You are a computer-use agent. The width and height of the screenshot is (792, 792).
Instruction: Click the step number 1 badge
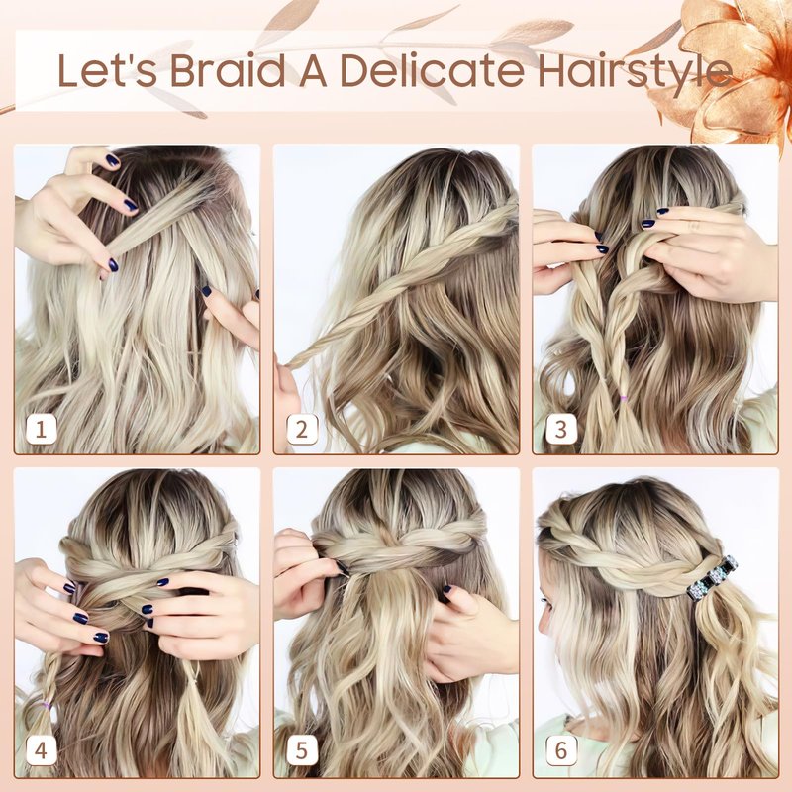pos(41,430)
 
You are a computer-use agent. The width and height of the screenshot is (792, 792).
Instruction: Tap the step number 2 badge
pos(302,430)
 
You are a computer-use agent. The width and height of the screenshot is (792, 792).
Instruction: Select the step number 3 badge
pos(560,430)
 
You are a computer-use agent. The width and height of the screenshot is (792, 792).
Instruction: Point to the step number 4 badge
pos(41,750)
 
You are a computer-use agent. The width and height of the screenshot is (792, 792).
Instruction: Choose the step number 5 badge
pos(302,750)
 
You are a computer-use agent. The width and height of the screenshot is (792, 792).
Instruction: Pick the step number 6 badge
pos(560,750)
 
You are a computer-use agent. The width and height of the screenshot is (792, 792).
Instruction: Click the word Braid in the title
pos(230,70)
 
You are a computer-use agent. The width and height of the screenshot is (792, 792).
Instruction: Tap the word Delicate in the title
pos(433,70)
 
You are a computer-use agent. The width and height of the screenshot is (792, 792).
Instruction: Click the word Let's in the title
pos(108,70)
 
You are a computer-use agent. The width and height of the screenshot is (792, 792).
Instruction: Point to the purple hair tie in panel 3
pos(625,399)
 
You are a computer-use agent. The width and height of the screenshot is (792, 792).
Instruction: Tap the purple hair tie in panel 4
pos(47,705)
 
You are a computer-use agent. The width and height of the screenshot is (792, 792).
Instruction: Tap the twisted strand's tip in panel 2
pos(289,364)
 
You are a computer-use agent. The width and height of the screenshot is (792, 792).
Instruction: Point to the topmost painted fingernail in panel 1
pos(112,161)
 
